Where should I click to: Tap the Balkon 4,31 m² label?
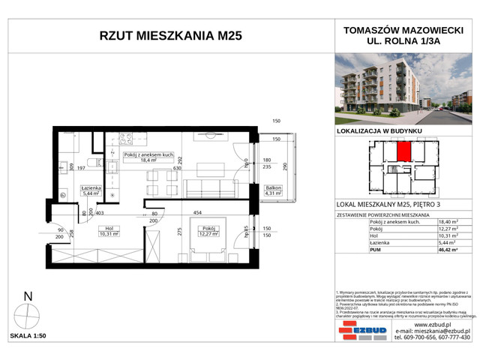coord(272,190)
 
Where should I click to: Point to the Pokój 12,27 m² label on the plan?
coord(208,231)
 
